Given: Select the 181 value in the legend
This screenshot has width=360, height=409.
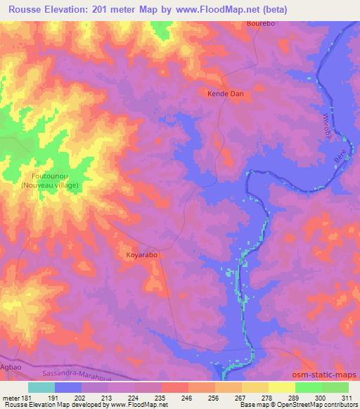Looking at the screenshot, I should point(26,397).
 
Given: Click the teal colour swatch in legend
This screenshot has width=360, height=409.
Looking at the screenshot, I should point(41,387).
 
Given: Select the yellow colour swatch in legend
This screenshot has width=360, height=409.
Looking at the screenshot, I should point(281,387).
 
